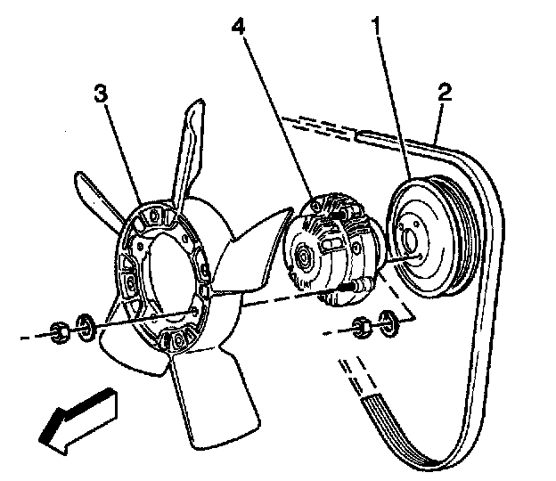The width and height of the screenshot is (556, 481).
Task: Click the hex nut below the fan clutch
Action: tap(361, 326)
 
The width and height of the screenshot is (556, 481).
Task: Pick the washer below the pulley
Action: tap(388, 321)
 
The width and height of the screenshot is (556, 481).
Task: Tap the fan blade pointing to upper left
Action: tap(101, 196)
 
